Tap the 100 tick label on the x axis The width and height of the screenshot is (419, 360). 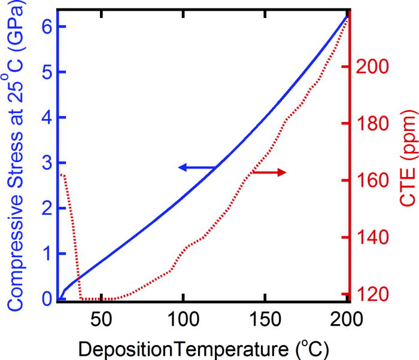pos(183,317)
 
